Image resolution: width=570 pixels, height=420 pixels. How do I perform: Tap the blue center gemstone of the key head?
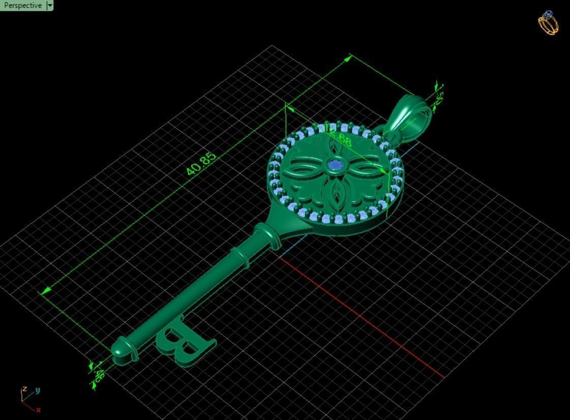335,164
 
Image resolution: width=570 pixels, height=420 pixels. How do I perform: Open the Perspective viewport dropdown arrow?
49,6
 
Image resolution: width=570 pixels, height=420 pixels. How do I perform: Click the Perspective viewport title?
23,6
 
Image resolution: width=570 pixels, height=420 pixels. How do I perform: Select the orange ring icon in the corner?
548,23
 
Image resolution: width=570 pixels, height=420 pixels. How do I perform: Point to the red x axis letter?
38,410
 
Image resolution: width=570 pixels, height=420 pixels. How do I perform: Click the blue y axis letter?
38,391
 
